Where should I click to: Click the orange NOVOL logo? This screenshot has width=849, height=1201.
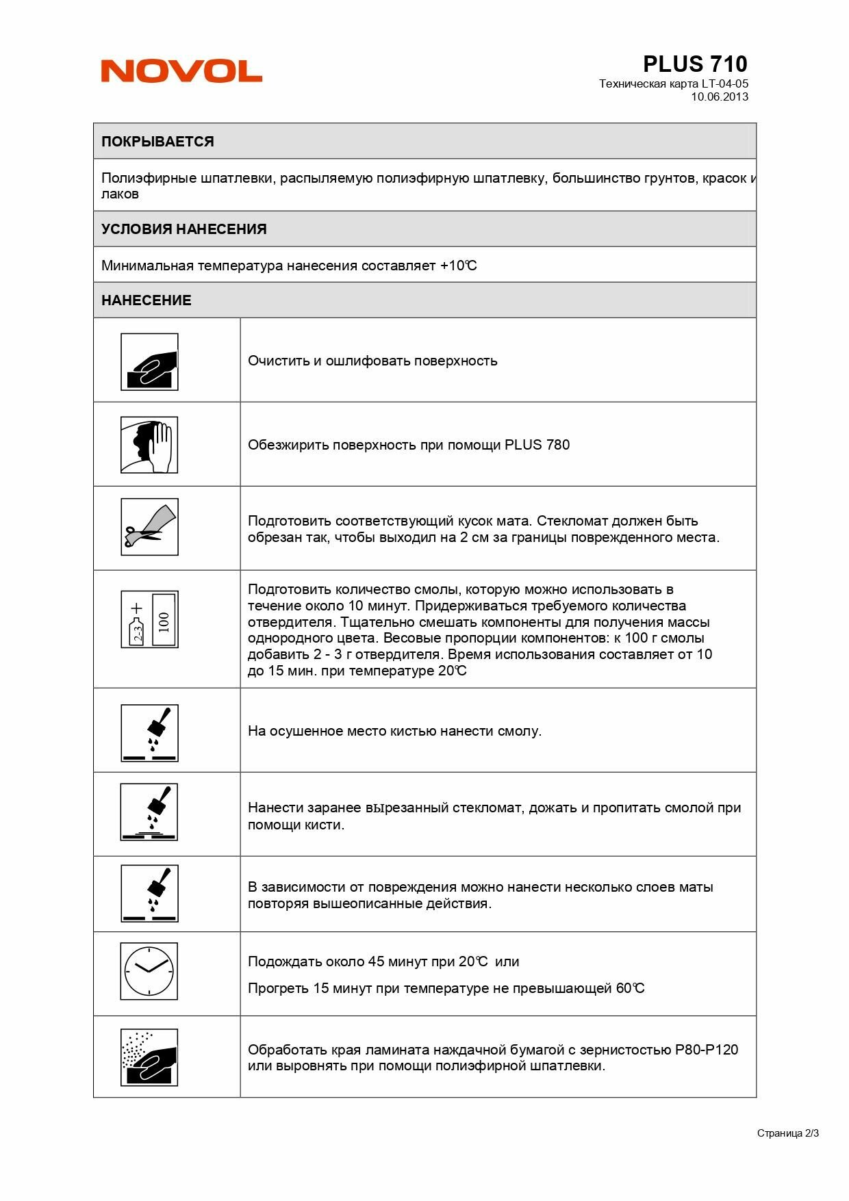point(181,71)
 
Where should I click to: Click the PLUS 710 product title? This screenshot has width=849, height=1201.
point(694,64)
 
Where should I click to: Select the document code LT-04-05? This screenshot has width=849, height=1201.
point(724,83)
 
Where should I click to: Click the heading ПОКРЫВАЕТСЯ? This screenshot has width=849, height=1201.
point(157,142)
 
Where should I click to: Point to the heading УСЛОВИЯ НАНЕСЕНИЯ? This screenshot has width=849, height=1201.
point(183,229)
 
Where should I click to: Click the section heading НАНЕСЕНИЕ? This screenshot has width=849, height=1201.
point(146,300)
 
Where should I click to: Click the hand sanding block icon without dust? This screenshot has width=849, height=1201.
point(149,362)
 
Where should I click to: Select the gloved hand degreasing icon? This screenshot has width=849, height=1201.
point(149,445)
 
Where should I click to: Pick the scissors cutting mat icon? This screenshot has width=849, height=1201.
point(149,527)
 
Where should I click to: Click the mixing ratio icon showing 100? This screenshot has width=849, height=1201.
point(149,619)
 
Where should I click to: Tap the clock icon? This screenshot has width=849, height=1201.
point(149,971)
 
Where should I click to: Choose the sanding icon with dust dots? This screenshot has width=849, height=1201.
point(149,1057)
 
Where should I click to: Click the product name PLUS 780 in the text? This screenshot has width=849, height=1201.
point(537,445)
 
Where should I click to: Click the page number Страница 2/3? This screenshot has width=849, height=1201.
point(787,1133)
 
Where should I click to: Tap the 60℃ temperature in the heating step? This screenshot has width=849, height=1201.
point(630,988)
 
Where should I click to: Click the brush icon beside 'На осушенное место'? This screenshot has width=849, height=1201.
point(149,733)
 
